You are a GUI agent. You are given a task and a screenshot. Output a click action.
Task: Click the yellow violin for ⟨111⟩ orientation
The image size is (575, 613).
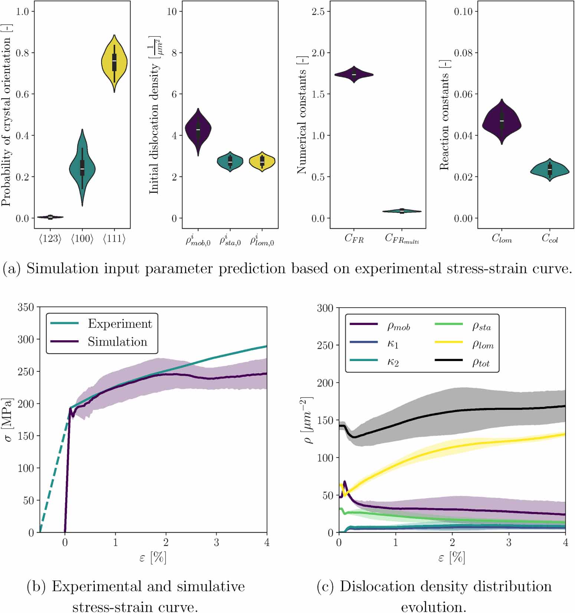pos(114,63)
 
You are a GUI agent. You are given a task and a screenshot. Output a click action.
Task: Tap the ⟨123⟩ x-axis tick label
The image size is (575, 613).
pos(50,239)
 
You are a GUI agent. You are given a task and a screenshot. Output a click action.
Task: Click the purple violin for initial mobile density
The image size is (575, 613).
pos(198,130)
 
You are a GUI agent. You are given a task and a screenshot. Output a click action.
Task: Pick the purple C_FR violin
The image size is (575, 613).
pos(354,74)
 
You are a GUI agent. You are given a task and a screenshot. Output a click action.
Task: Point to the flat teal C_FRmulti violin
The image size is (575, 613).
pos(402,211)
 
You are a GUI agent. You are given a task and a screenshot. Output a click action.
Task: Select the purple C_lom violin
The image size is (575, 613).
pos(502,122)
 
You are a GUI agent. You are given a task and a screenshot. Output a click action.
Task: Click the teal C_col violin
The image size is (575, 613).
pos(550,170)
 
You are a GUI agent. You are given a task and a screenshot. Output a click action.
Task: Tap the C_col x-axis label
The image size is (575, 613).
pos(550,238)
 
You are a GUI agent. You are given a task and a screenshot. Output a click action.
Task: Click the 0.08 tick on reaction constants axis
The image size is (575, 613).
pos(463,53)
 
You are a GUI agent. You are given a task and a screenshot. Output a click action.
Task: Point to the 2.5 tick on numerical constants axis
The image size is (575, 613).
pos(318,11)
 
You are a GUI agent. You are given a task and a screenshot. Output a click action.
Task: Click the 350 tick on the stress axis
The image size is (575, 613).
pos(26,307)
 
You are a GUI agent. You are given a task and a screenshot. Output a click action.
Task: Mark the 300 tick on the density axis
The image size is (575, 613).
pos(325,308)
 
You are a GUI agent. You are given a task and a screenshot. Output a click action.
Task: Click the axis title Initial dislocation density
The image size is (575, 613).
pos(154,128)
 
